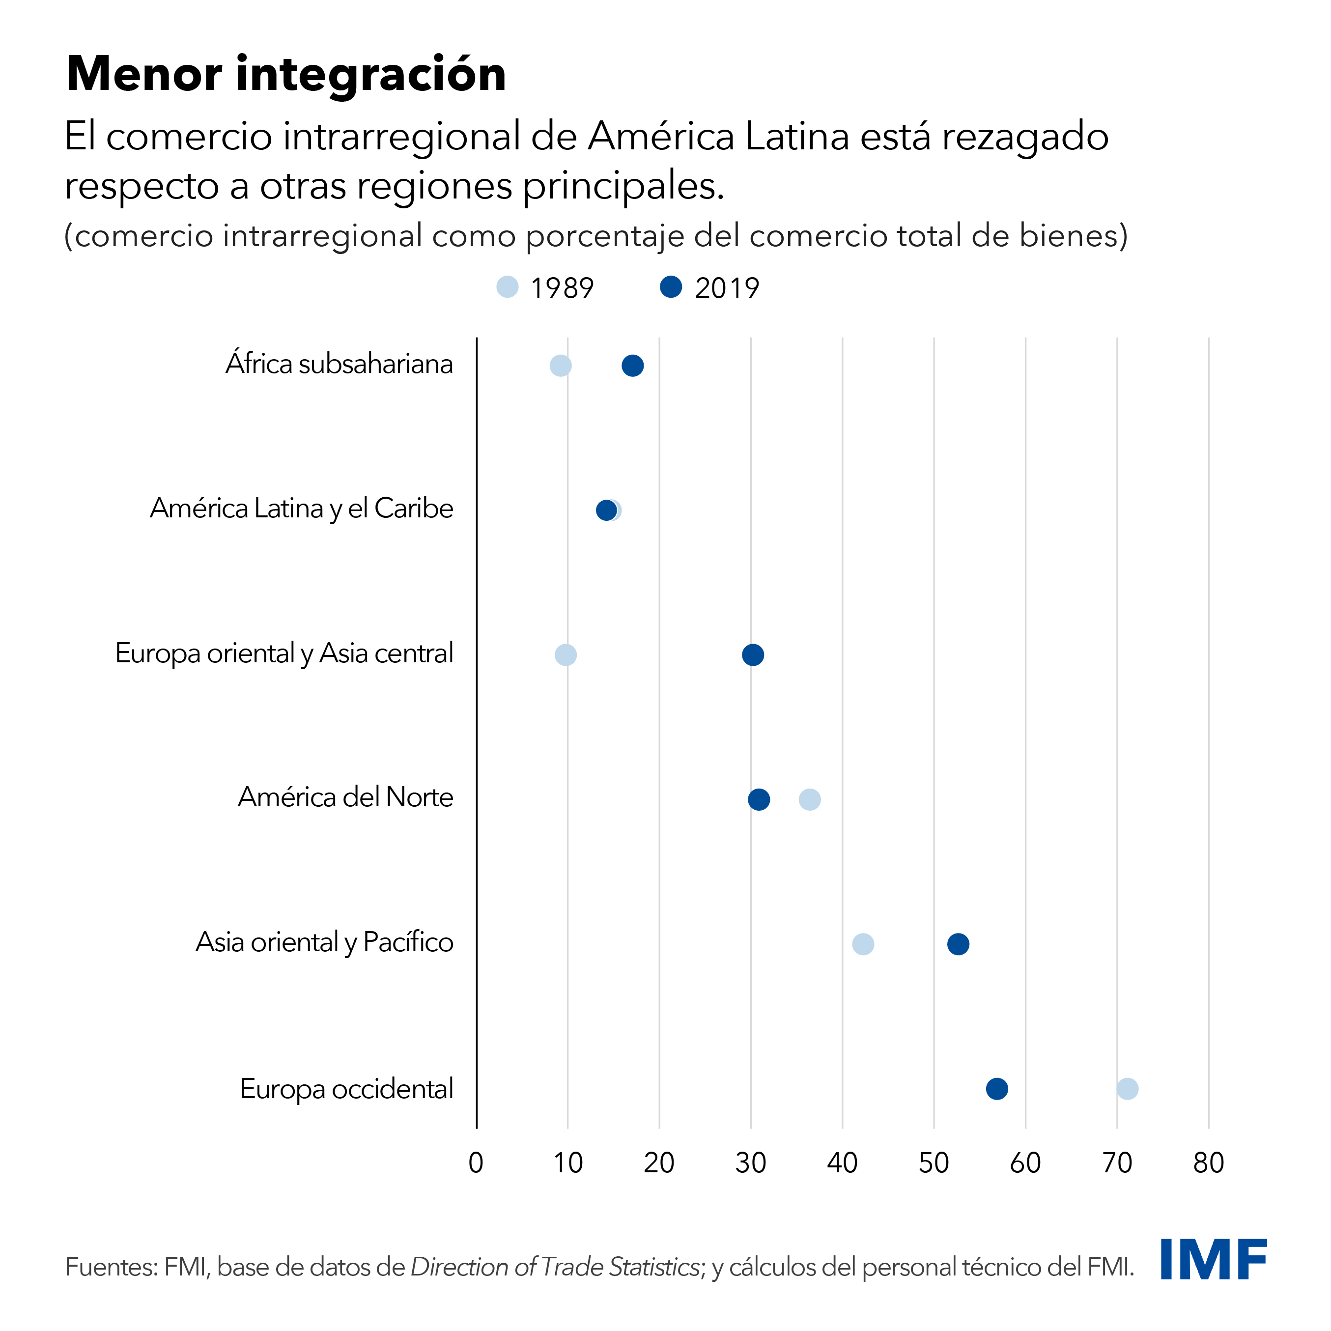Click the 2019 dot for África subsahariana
[x=632, y=366]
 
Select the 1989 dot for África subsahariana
[x=561, y=366]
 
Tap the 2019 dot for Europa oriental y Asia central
[x=753, y=654]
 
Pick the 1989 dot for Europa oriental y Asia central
[x=566, y=654]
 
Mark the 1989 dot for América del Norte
[x=810, y=800]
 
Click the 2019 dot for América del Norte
[x=759, y=800]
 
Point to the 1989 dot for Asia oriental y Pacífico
[x=863, y=944]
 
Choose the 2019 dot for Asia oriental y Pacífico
[x=958, y=944]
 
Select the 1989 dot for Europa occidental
[x=1127, y=1089]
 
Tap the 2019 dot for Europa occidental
[x=997, y=1089]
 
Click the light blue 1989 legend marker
[x=508, y=286]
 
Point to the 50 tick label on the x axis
[x=934, y=1163]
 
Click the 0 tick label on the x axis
[x=476, y=1163]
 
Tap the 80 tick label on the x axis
[x=1208, y=1163]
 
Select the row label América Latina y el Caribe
[x=302, y=509]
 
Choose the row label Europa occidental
[x=346, y=1089]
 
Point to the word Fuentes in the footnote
[x=110, y=1267]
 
